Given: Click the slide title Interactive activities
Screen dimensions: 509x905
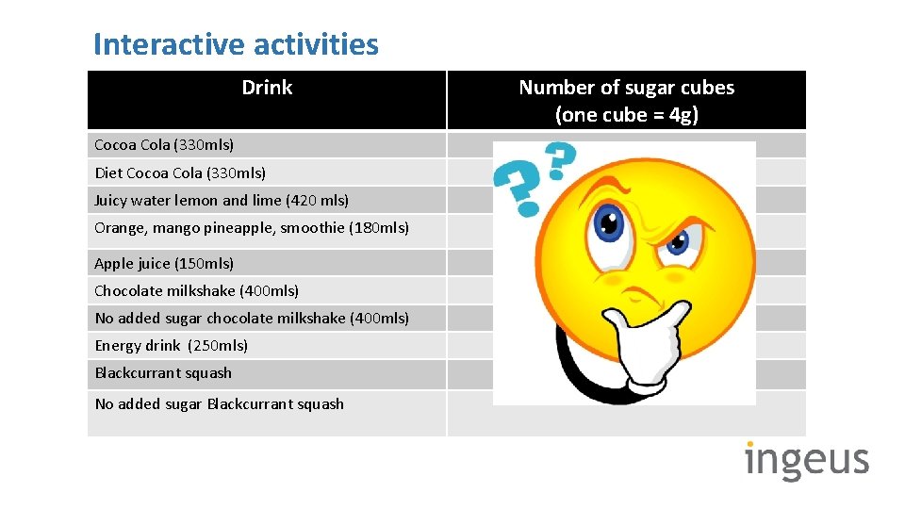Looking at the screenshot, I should (236, 44).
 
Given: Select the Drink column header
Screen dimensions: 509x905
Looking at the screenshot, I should (267, 88).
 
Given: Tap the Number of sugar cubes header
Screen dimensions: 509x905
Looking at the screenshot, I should (626, 100).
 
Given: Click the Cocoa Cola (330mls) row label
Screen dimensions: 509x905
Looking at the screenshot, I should (164, 145).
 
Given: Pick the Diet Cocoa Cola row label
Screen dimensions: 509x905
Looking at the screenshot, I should (180, 172).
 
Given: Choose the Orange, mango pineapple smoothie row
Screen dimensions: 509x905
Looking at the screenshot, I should (252, 227).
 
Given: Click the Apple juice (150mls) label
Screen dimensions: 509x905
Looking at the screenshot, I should (164, 263).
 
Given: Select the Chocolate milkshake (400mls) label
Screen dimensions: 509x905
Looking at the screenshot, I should (196, 290).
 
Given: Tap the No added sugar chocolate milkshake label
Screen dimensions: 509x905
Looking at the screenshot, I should (252, 318).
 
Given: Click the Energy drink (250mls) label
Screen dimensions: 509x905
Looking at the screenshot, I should (171, 345).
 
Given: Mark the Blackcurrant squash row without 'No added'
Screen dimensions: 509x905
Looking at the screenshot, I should (163, 372).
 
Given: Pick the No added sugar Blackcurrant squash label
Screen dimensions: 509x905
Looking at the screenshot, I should (219, 403).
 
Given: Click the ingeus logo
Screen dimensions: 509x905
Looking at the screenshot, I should (806, 460).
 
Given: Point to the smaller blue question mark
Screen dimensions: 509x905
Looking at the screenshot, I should (560, 160).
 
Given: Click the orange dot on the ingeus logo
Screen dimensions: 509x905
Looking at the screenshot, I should (750, 443).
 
